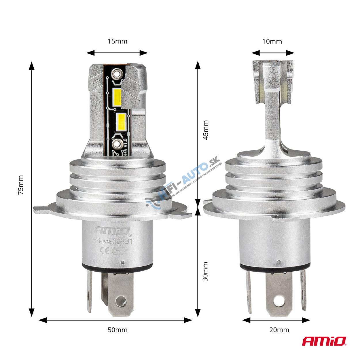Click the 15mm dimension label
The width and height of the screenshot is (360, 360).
tap(117, 41)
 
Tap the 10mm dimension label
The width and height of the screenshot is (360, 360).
tap(272, 41)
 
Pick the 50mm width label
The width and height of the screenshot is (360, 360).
tap(117, 330)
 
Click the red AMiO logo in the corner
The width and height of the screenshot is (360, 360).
tap(324, 341)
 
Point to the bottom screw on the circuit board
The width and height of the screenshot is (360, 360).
tap(117, 144)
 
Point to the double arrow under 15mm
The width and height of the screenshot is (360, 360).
tap(117, 53)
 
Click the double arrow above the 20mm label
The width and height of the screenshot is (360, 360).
tap(276, 320)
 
